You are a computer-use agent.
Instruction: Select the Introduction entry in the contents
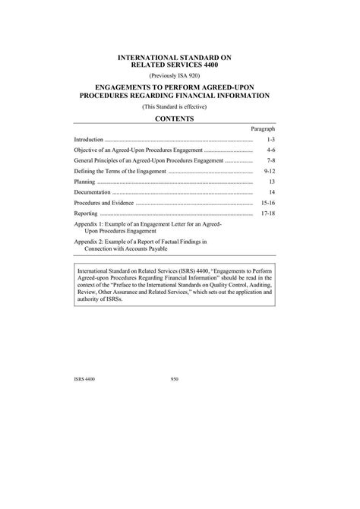[x=87, y=141]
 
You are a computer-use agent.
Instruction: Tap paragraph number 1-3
[x=270, y=141]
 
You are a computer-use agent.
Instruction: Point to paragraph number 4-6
[x=270, y=151]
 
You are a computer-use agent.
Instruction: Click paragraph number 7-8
[x=270, y=162]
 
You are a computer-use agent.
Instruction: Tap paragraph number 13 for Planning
[x=271, y=183]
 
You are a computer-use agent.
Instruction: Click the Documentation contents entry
[x=94, y=194]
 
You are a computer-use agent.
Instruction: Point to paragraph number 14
[x=271, y=194]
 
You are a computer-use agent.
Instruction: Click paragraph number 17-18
[x=267, y=215]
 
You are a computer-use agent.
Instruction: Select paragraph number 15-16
[x=267, y=204]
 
